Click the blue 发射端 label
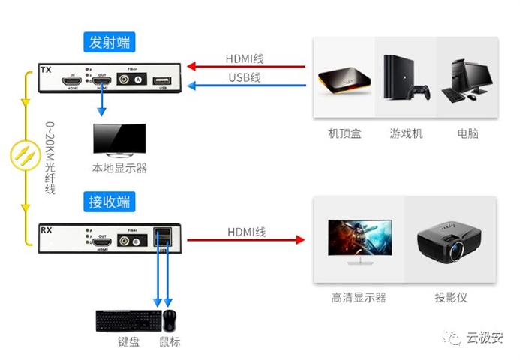pos(110,42)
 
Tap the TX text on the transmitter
pos(46,70)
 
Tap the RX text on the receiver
pos(46,228)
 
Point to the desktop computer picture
pos(466,79)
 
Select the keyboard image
pos(128,321)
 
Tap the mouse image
pos(170,320)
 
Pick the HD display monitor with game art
pos(359,241)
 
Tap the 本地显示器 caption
pos(119,169)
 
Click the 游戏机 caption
pos(406,133)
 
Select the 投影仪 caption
pos(450,297)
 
